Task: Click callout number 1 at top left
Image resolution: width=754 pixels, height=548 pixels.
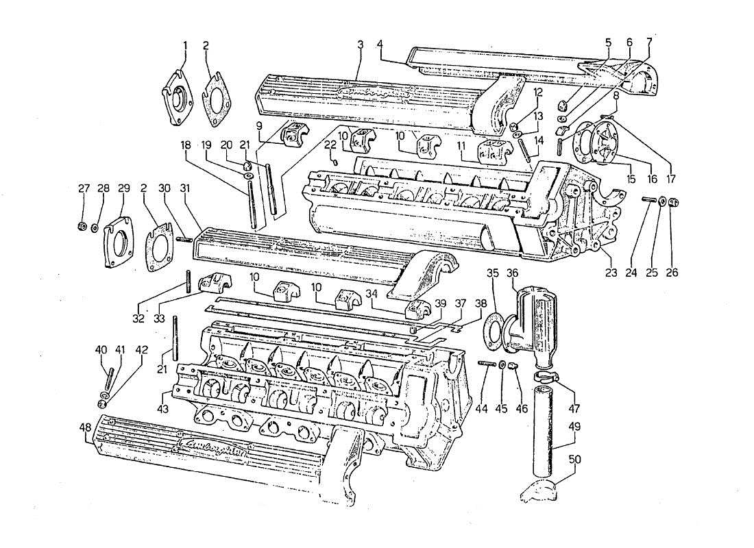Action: tap(184, 46)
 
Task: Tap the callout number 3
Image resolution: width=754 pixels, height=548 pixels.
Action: tap(359, 46)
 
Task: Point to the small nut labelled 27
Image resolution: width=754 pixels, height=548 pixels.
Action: tap(82, 227)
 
